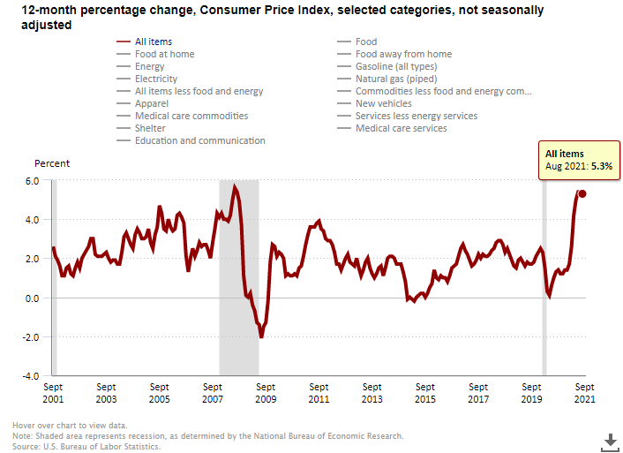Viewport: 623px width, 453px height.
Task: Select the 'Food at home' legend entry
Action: [164, 54]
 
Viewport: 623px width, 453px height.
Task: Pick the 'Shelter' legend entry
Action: [151, 128]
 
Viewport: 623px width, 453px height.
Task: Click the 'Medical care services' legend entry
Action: [401, 128]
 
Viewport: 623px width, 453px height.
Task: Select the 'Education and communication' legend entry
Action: [199, 140]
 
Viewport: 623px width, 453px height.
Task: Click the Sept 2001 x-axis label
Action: [52, 393]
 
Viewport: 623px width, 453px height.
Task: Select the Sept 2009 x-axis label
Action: [265, 393]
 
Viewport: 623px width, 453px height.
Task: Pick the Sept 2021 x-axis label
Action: [582, 393]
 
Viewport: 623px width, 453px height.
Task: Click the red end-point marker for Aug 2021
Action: [582, 194]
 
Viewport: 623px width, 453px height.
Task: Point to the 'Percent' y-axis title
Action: [52, 163]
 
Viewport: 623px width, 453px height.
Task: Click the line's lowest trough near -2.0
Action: [261, 336]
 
